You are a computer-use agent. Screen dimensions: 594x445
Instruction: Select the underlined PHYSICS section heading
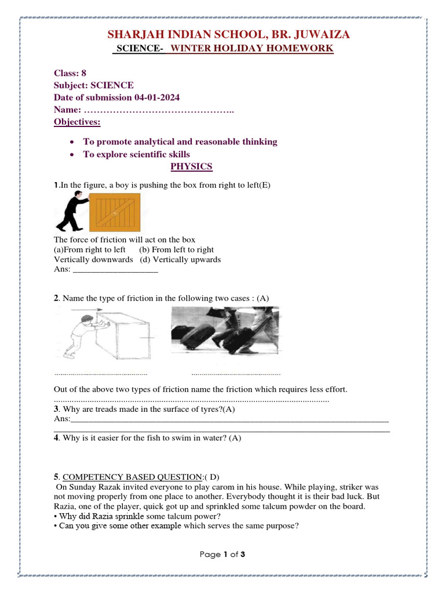[191, 167]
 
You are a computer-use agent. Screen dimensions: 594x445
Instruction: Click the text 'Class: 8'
[70, 73]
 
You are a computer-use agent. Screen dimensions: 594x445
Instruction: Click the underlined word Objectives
[77, 122]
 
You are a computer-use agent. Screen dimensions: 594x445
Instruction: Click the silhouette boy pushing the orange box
[71, 213]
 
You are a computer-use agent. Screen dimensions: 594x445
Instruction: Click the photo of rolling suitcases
[225, 331]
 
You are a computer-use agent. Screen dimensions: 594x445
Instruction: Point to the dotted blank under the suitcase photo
[235, 374]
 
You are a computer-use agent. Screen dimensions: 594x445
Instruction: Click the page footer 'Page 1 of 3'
[222, 555]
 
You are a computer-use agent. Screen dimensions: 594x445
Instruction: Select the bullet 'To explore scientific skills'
[136, 154]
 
